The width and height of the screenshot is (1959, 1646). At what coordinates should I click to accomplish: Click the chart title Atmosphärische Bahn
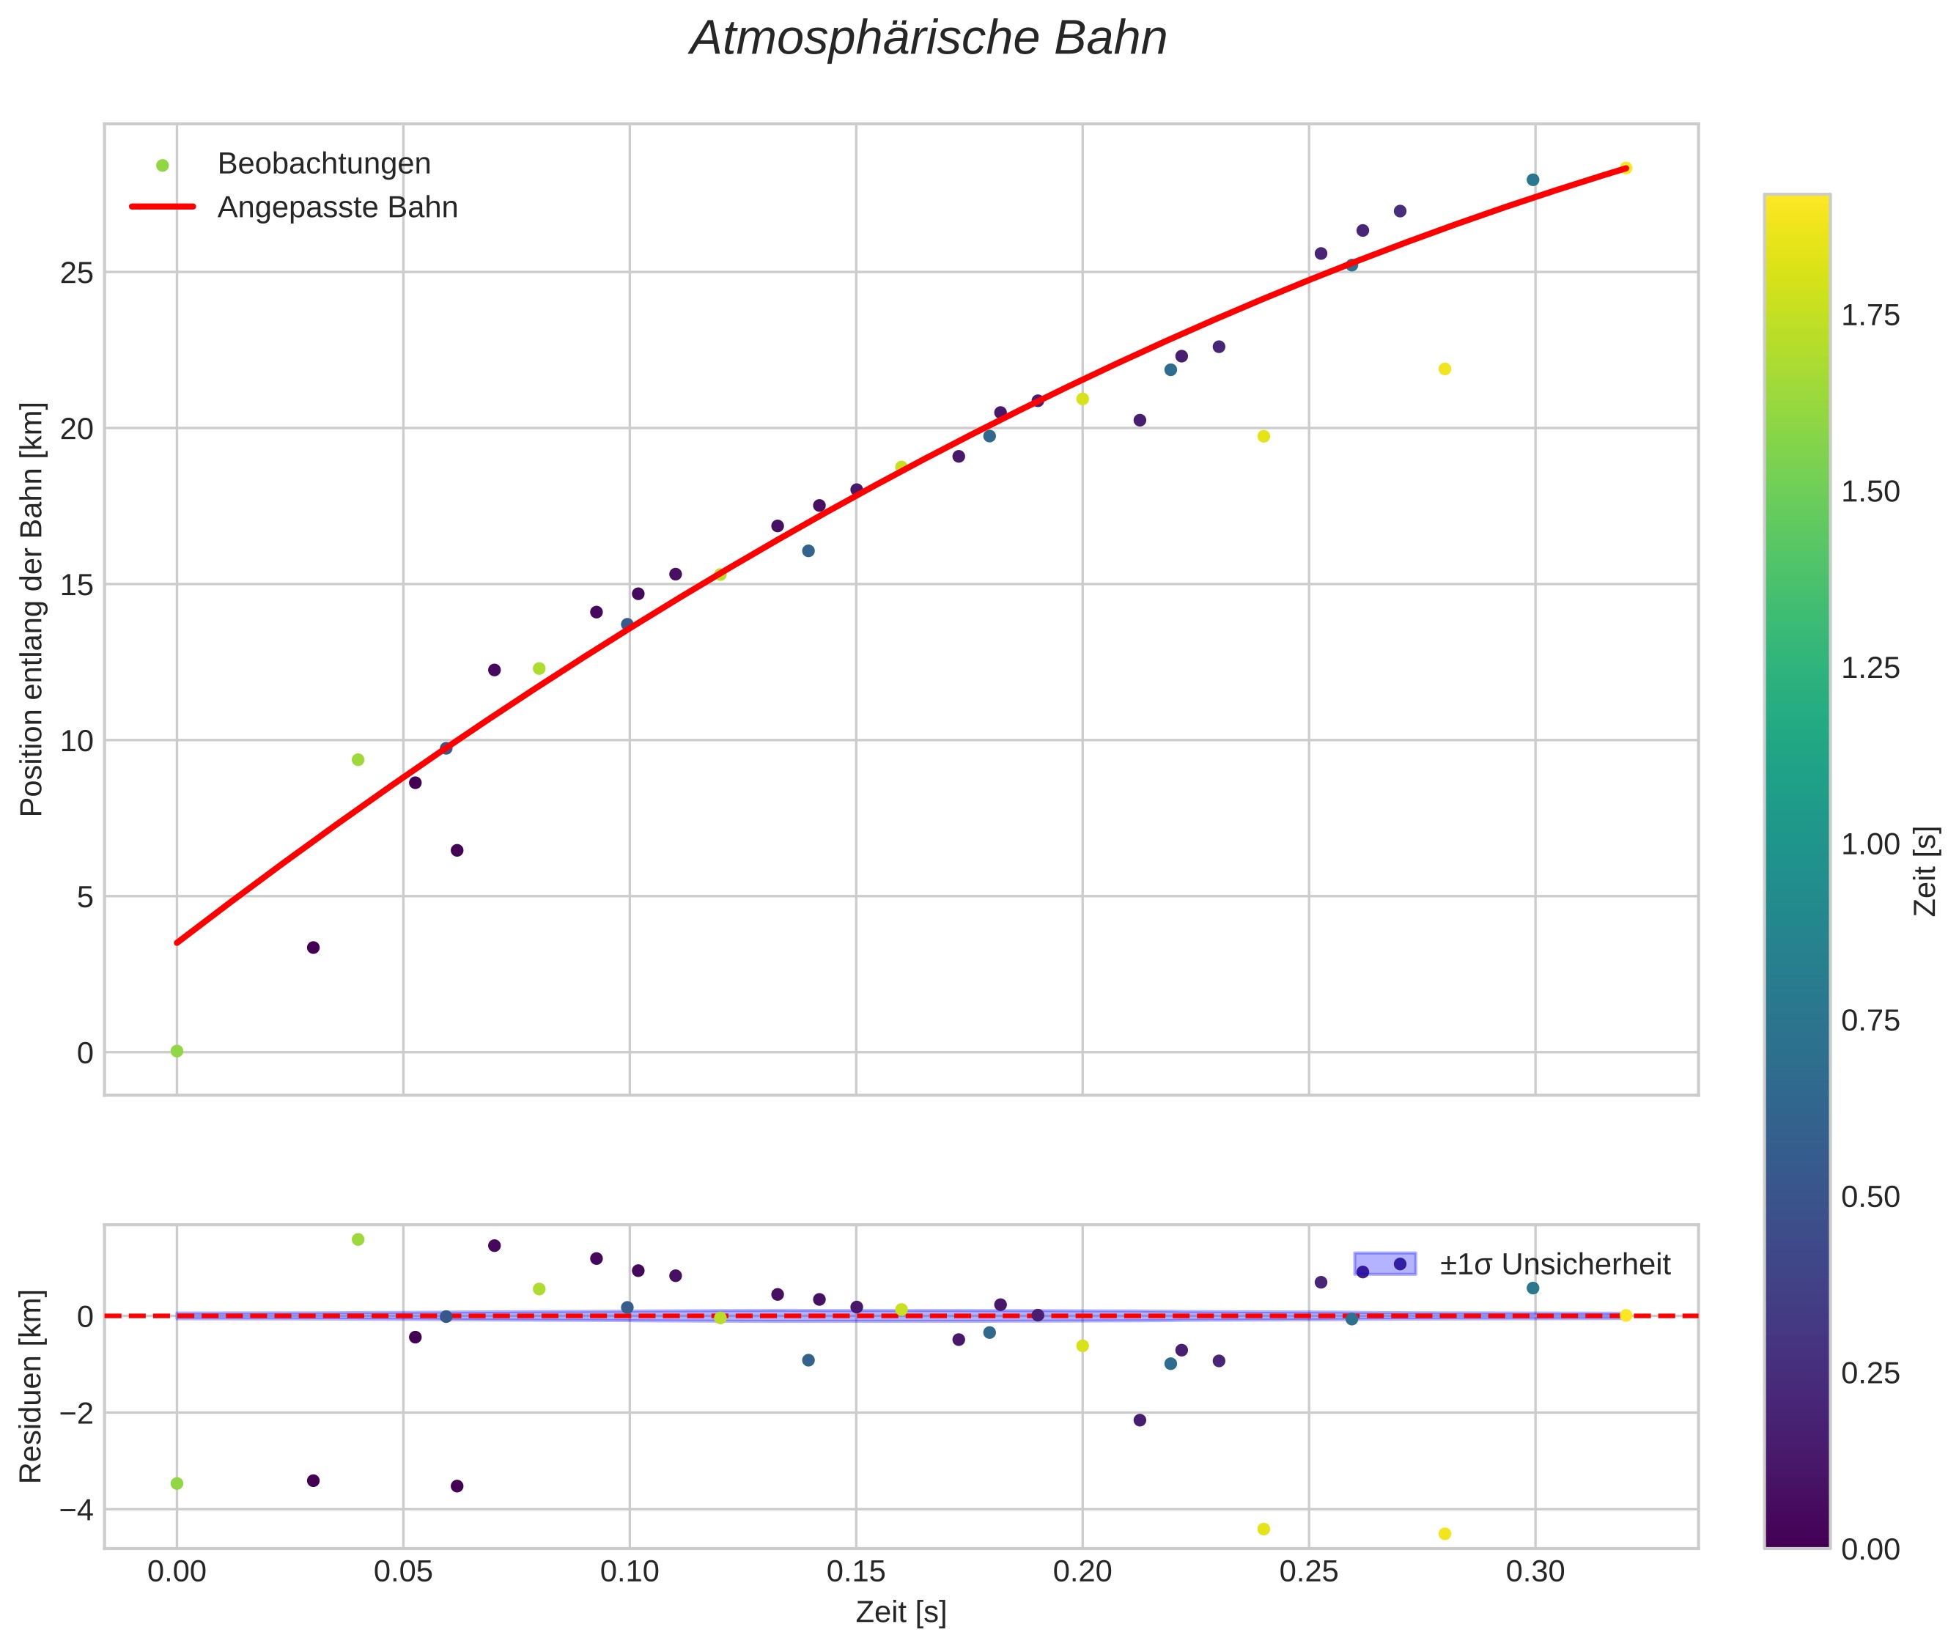point(928,39)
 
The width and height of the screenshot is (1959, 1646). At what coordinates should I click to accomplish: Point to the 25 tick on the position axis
point(78,273)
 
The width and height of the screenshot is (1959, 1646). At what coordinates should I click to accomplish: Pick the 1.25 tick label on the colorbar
point(1870,668)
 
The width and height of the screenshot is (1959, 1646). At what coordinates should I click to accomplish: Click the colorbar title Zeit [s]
point(1925,871)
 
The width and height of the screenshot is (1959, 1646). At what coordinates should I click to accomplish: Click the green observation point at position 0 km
point(177,1051)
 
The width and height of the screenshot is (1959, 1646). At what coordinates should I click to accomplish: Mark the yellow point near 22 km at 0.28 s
point(1445,369)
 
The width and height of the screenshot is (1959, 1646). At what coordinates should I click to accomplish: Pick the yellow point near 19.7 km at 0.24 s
point(1263,436)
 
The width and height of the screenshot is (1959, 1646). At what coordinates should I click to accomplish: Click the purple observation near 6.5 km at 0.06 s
point(457,850)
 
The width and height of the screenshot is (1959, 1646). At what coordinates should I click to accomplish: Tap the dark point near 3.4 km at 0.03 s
point(314,947)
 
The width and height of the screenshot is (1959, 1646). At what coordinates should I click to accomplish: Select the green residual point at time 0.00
point(177,1483)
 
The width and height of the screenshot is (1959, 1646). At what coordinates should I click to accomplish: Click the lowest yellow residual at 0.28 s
point(1445,1533)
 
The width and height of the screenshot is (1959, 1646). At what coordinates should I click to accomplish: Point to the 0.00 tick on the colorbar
point(1870,1550)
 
